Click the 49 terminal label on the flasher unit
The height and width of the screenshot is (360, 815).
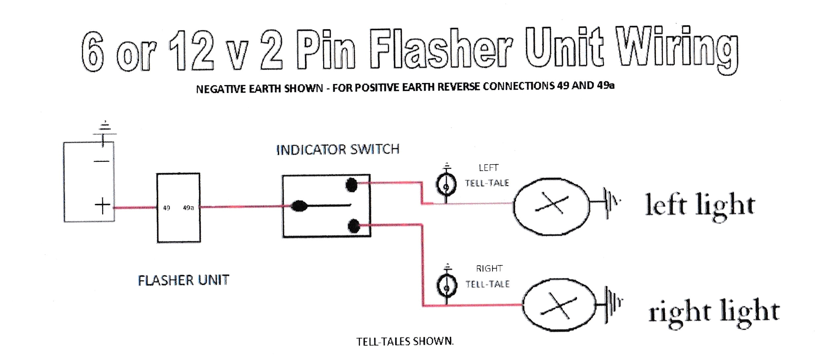[166, 208]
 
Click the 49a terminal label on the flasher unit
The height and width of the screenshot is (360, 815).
[188, 208]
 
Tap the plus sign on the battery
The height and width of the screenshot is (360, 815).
[103, 206]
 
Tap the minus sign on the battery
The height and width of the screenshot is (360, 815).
[102, 161]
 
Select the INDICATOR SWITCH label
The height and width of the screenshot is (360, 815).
[338, 150]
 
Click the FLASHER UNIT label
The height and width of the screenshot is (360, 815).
[183, 281]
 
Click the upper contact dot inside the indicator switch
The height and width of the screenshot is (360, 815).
[351, 185]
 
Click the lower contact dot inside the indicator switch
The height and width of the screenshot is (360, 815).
[354, 226]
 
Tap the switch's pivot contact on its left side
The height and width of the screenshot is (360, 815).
[299, 206]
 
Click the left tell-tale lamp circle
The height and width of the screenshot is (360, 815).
[446, 185]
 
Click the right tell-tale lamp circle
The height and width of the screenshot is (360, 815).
[447, 287]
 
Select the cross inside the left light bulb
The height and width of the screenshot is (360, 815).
[552, 204]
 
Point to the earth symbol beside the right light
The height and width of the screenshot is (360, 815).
[614, 304]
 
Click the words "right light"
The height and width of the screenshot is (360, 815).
[714, 312]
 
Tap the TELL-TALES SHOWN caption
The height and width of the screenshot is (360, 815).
[405, 341]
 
